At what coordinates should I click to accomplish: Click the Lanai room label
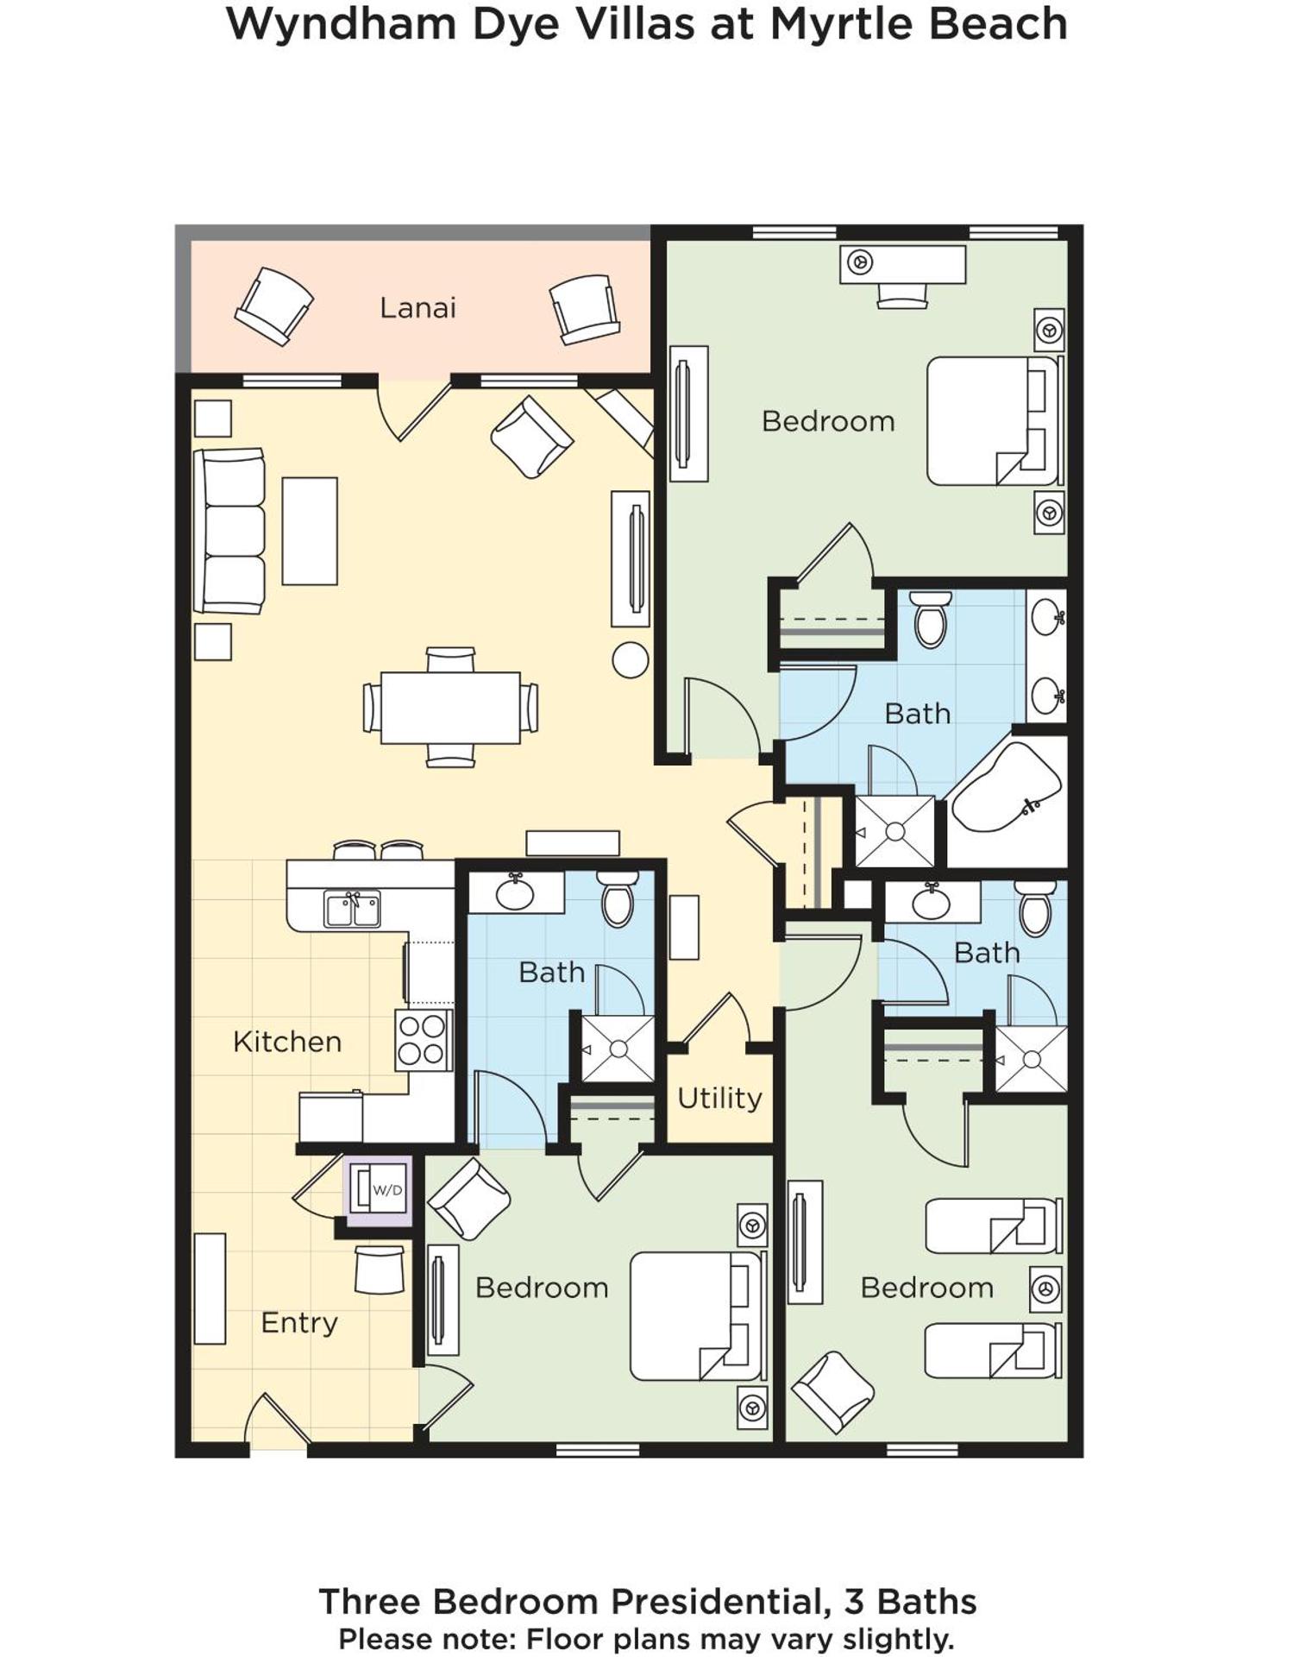pyautogui.click(x=417, y=308)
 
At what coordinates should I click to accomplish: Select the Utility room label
pyautogui.click(x=719, y=1098)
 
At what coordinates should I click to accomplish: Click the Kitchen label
pyautogui.click(x=287, y=1042)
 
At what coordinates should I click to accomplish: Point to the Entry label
pyautogui.click(x=298, y=1322)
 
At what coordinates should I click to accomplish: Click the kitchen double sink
pyautogui.click(x=352, y=910)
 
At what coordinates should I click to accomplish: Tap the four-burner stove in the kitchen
pyautogui.click(x=423, y=1040)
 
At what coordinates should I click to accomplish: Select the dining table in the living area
pyautogui.click(x=450, y=708)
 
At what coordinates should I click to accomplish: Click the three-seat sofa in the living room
pyautogui.click(x=230, y=531)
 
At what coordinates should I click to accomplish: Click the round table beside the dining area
pyautogui.click(x=630, y=660)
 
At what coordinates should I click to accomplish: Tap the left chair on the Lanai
pyautogui.click(x=273, y=306)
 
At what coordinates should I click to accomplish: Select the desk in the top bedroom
pyautogui.click(x=902, y=263)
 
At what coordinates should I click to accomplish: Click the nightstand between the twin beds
pyautogui.click(x=1046, y=1289)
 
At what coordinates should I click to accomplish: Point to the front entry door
pyautogui.click(x=278, y=1422)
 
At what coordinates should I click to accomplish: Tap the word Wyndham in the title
pyautogui.click(x=342, y=24)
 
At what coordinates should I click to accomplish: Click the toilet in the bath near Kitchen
pyautogui.click(x=618, y=899)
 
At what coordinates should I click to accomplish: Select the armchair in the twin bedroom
pyautogui.click(x=832, y=1392)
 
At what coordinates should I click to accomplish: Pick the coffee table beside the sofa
pyautogui.click(x=310, y=531)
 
